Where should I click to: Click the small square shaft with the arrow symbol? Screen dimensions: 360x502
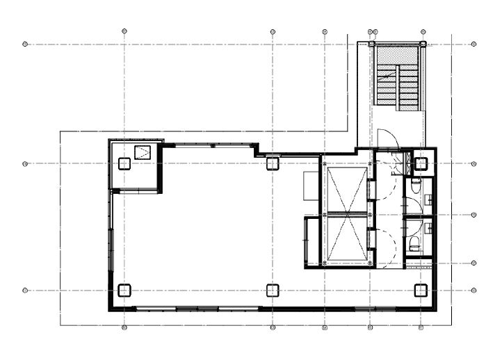[x=143, y=153]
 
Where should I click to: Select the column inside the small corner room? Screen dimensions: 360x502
[x=124, y=164]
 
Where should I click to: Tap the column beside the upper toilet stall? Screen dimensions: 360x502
[x=421, y=164]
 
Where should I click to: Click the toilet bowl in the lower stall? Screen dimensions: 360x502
[x=415, y=241]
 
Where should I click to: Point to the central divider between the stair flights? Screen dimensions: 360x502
[x=398, y=88]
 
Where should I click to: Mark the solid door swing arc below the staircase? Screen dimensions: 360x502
[x=384, y=138]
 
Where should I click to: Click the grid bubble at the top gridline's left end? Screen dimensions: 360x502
[x=25, y=44]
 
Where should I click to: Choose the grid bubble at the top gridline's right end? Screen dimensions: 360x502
[x=473, y=44]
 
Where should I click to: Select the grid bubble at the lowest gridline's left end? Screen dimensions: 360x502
[x=25, y=291]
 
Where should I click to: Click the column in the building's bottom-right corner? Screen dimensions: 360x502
[x=421, y=291]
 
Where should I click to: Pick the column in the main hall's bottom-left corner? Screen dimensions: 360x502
[x=124, y=291]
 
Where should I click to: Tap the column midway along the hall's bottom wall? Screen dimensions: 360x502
[x=273, y=291]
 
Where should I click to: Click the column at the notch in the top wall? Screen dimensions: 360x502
[x=273, y=164]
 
